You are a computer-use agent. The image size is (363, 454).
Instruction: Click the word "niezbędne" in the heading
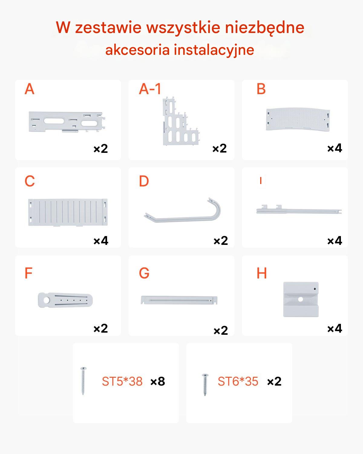pyautogui.click(x=265, y=28)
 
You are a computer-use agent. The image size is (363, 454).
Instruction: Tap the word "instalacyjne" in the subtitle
pyautogui.click(x=214, y=51)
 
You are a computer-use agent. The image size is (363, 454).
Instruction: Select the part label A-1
pyautogui.click(x=150, y=89)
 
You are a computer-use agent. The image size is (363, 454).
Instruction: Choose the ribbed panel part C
pyautogui.click(x=68, y=212)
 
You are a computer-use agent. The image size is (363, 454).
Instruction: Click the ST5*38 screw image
pyautogui.click(x=83, y=381)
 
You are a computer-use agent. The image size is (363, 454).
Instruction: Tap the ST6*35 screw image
pyautogui.click(x=205, y=384)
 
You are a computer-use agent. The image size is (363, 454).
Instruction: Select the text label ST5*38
pyautogui.click(x=122, y=381)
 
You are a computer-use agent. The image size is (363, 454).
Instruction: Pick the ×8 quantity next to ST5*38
pyautogui.click(x=158, y=381)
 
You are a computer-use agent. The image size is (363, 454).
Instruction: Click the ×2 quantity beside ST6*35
pyautogui.click(x=274, y=381)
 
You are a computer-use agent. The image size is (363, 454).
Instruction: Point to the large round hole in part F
pyautogui.click(x=46, y=300)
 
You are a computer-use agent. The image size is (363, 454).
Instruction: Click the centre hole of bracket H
pyautogui.click(x=301, y=299)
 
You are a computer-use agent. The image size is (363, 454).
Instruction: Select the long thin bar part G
pyautogui.click(x=179, y=300)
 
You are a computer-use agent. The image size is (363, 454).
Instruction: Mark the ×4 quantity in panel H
pyautogui.click(x=335, y=328)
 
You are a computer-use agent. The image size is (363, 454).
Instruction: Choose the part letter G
pyautogui.click(x=144, y=273)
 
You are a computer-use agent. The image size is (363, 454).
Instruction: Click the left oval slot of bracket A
pyautogui.click(x=54, y=121)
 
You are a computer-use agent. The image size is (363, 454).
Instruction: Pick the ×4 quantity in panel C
pyautogui.click(x=101, y=241)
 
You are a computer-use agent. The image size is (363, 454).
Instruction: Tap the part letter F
pyautogui.click(x=28, y=273)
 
